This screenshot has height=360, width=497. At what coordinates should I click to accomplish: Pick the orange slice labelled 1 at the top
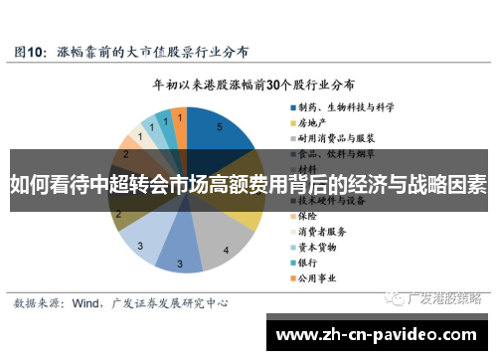pyautogui.click(x=179, y=117)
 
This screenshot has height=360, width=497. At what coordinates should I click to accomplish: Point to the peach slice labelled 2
pyautogui.click(x=127, y=156)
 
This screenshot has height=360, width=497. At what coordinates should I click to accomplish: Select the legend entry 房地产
pyautogui.click(x=314, y=124)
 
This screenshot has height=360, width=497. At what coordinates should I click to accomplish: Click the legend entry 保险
pyautogui.click(x=308, y=215)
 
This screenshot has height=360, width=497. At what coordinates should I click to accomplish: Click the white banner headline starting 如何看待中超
pyautogui.click(x=248, y=184)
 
